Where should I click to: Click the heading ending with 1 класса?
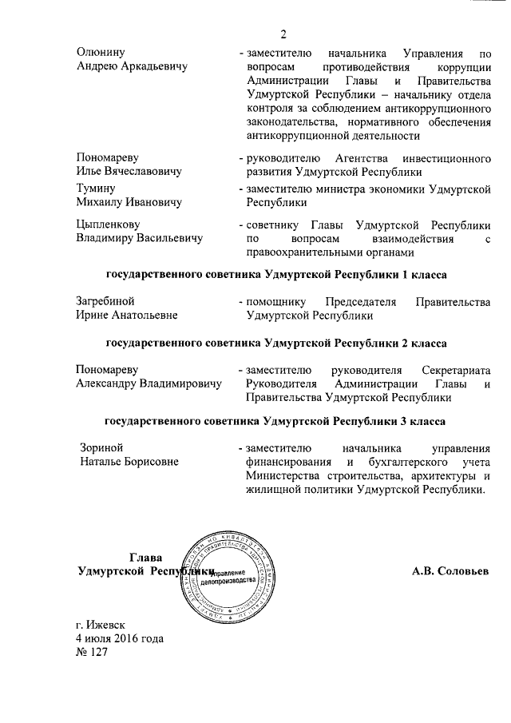[x=275, y=275]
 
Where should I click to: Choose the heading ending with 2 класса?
[x=275, y=343]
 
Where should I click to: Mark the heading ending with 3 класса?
[x=275, y=420]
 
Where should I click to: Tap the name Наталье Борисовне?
[x=129, y=461]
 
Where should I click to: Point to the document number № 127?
[x=91, y=652]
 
